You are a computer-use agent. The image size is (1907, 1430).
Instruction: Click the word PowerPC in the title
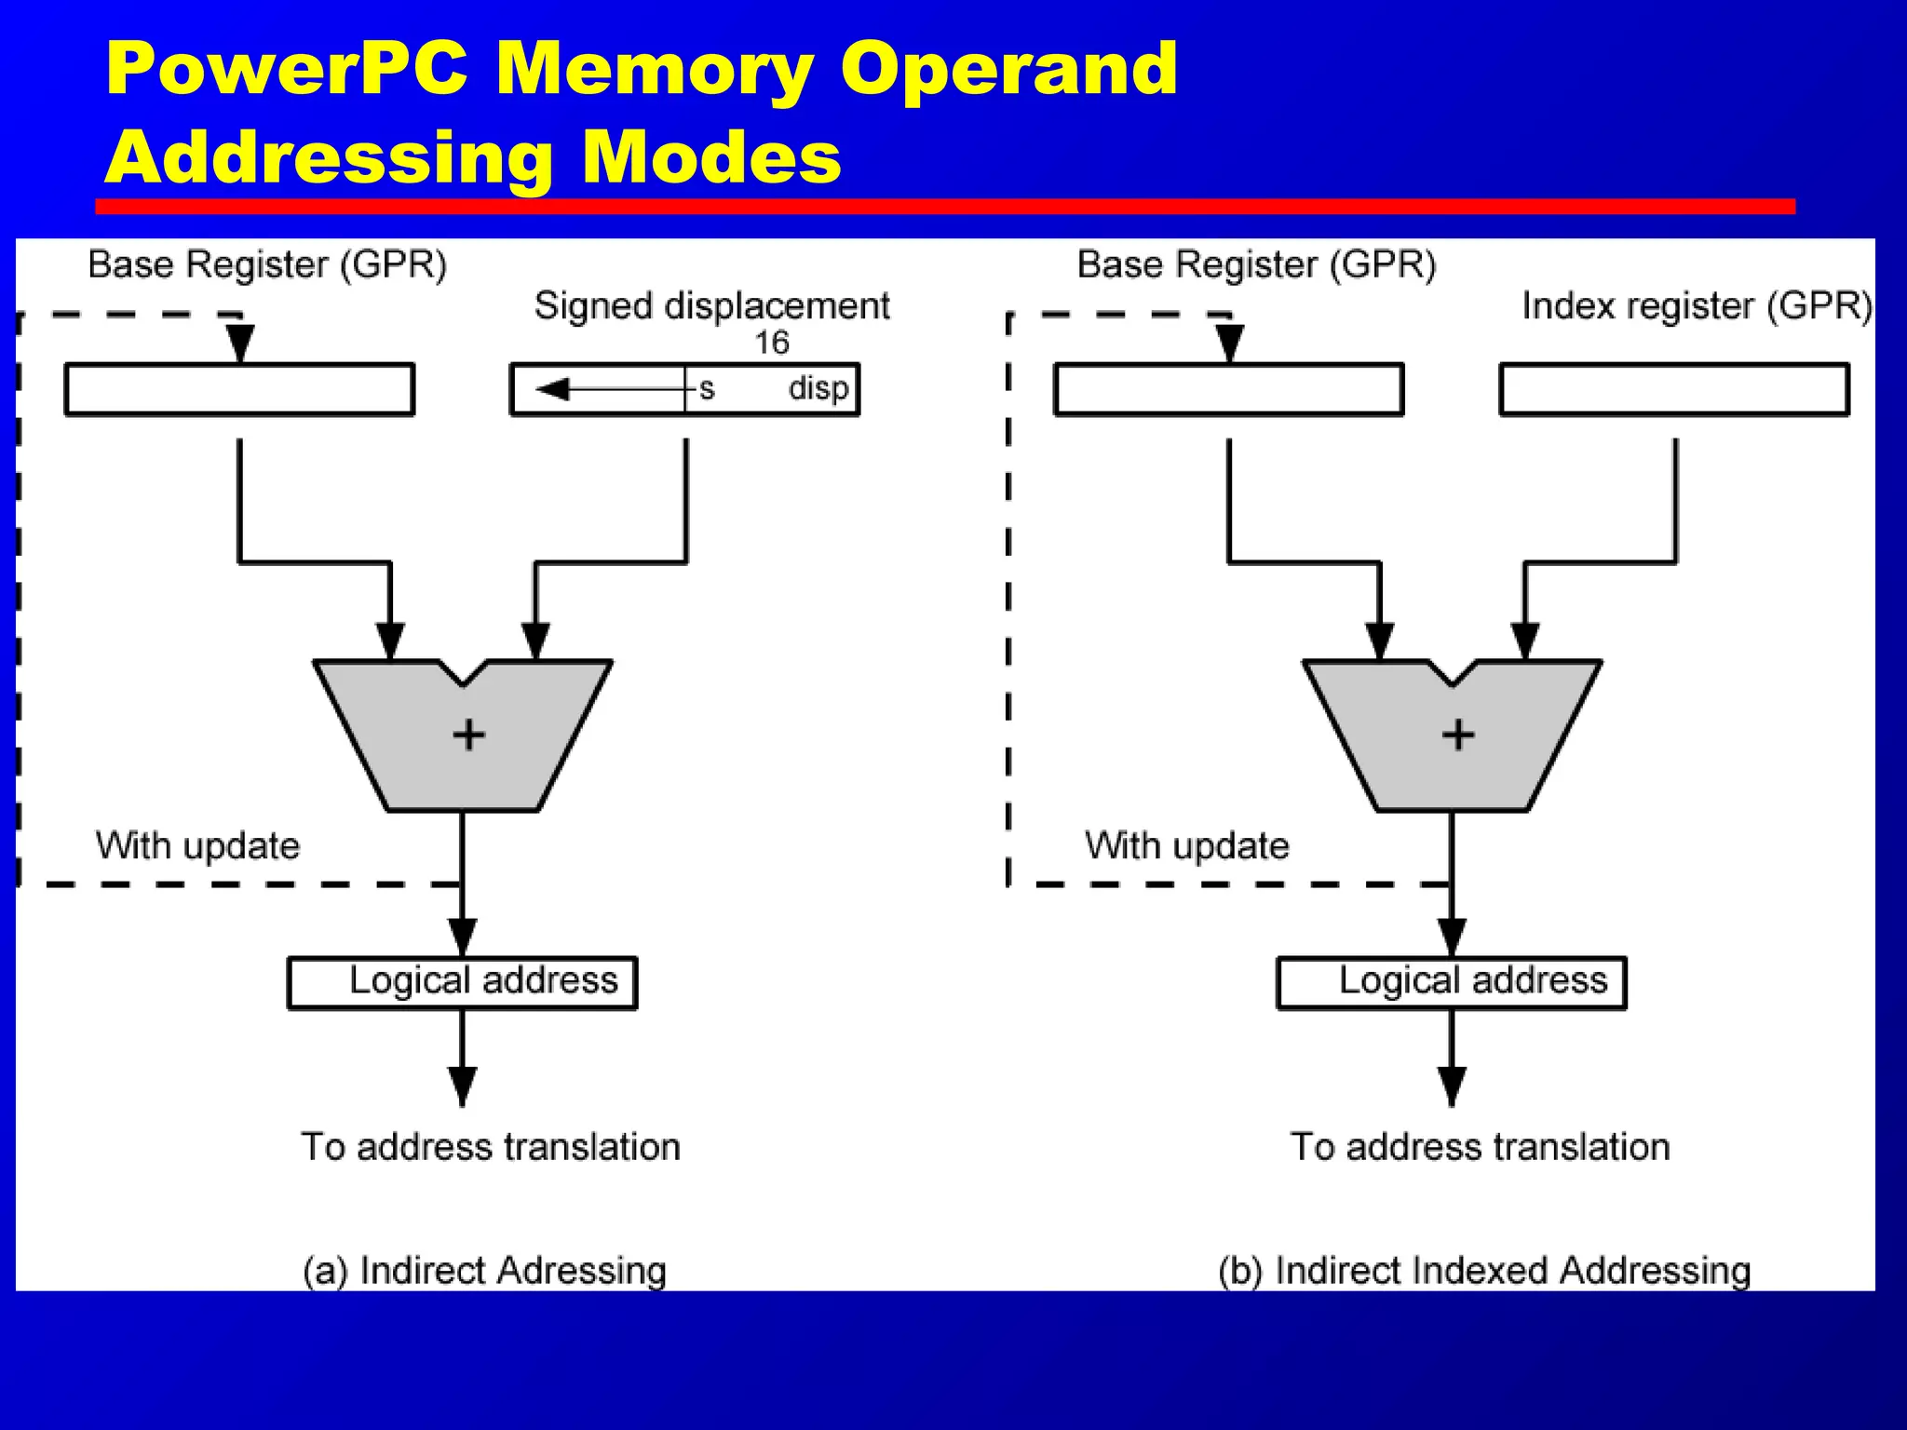click(287, 70)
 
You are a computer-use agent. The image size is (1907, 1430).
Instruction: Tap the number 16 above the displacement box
click(771, 343)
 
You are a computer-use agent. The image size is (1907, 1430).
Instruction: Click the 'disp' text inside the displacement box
click(818, 388)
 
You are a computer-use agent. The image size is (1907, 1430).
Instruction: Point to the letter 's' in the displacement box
click(707, 388)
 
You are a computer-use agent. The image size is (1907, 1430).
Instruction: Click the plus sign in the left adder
click(468, 735)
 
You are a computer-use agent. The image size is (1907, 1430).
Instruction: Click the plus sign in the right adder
click(1458, 735)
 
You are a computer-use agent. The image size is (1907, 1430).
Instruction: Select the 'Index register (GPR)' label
click(1697, 305)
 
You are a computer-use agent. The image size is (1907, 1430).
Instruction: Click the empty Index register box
click(1673, 389)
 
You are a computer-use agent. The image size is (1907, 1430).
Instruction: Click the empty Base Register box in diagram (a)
click(239, 389)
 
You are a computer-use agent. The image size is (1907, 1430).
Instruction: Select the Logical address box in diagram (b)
click(1452, 982)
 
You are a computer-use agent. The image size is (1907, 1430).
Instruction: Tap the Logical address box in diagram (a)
click(463, 982)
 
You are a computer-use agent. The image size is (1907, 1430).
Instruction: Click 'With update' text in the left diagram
click(197, 846)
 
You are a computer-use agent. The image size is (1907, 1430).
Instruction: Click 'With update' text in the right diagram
click(1186, 846)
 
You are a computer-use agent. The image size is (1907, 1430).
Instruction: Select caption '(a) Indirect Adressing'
click(484, 1271)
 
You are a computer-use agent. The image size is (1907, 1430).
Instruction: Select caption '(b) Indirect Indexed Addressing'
click(1484, 1271)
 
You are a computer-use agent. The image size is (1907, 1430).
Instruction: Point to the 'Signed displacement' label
click(711, 305)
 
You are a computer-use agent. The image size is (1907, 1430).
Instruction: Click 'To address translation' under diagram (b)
click(1480, 1147)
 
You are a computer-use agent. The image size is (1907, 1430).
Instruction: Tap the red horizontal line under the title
click(944, 206)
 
